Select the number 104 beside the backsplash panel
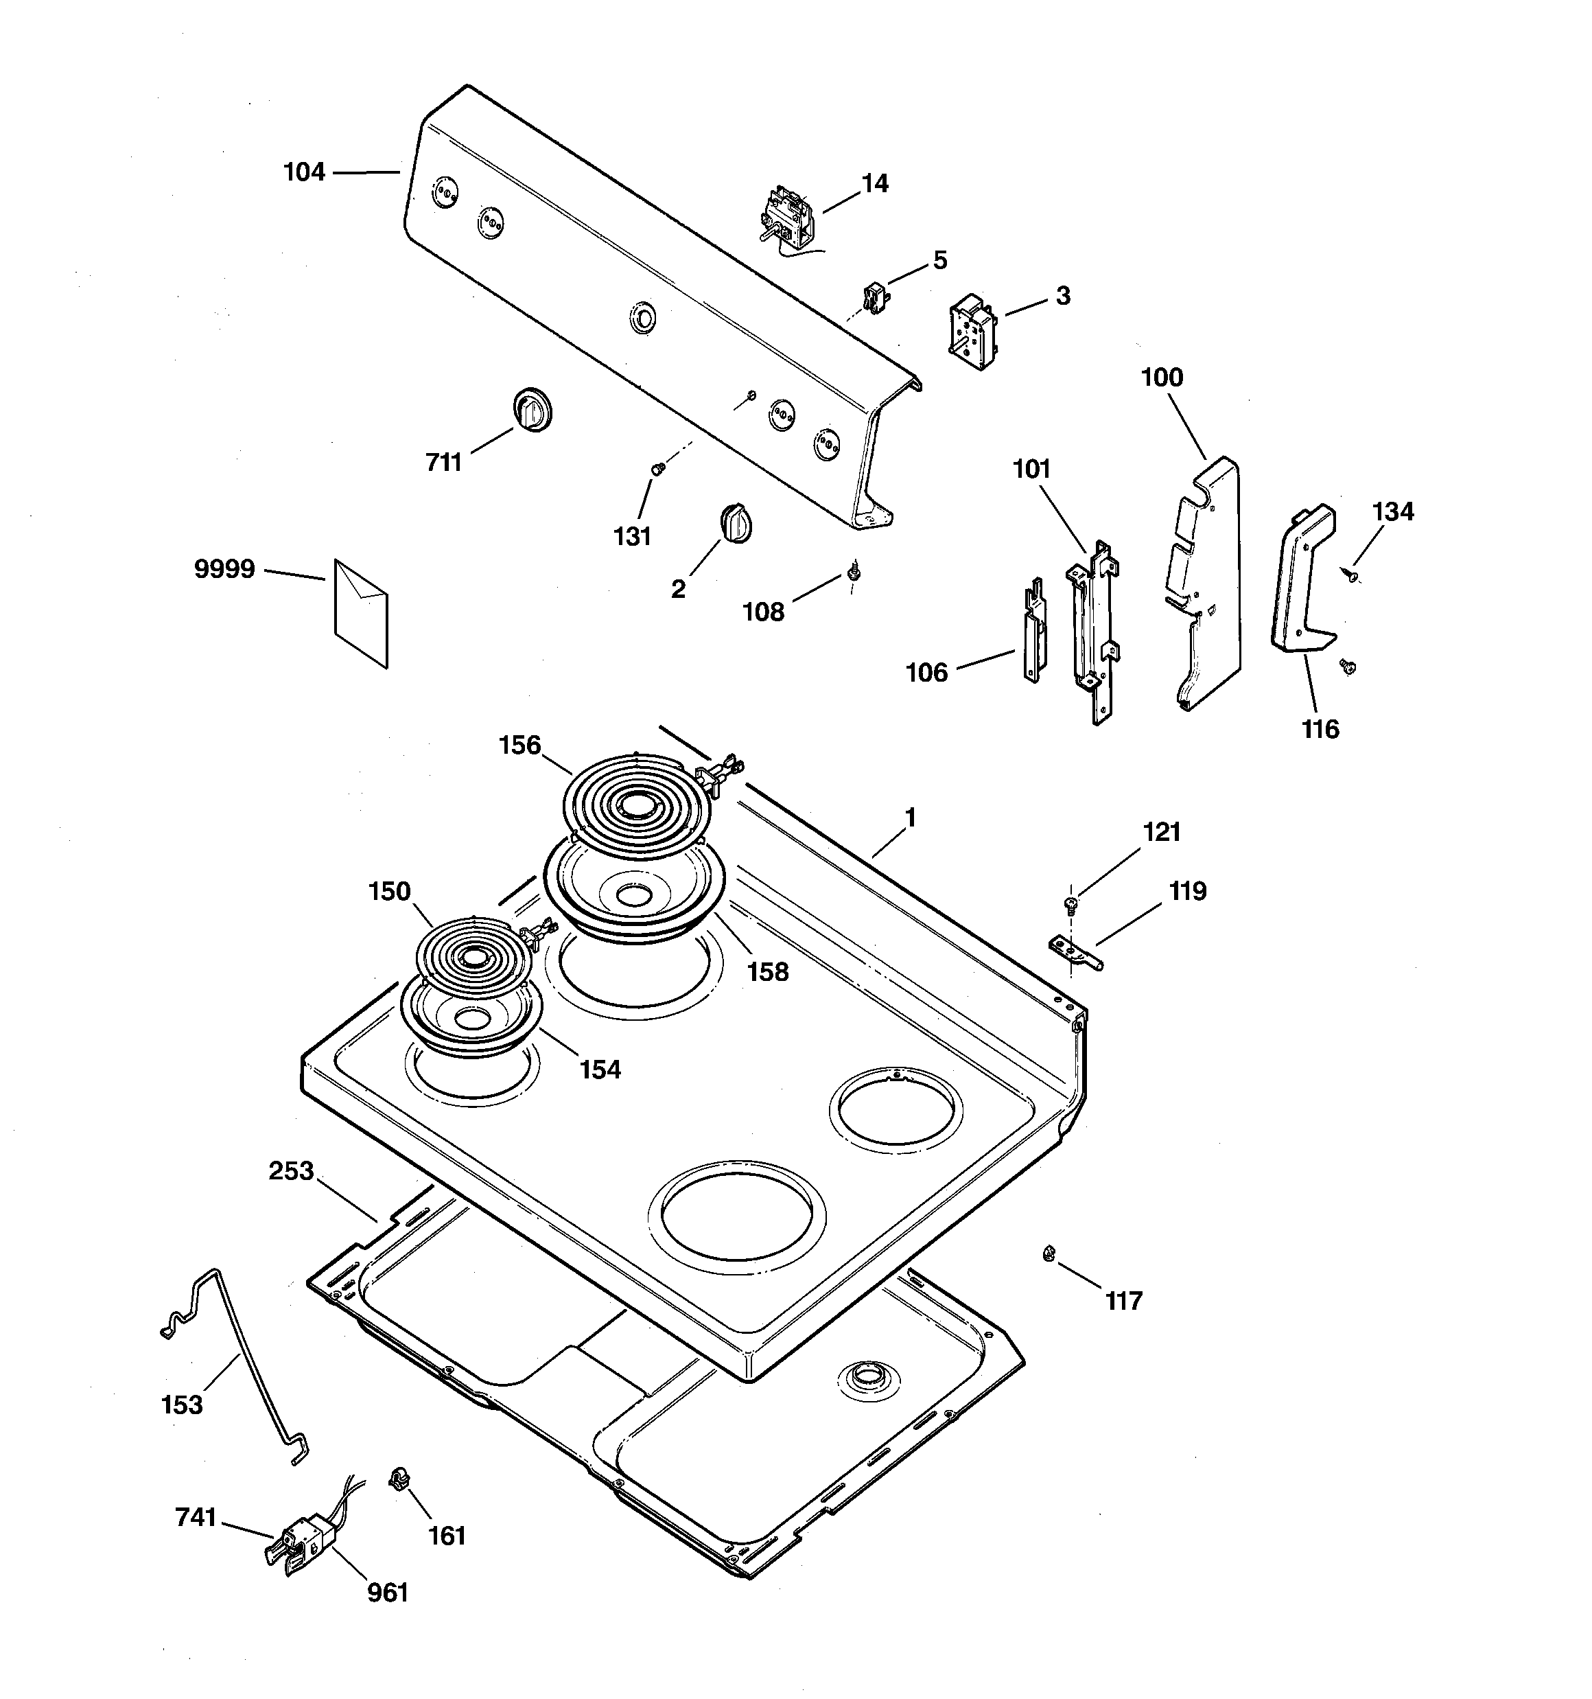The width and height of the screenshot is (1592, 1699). tap(304, 172)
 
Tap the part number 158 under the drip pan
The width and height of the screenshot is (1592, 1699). tap(767, 972)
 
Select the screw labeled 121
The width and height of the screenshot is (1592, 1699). tap(1070, 903)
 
